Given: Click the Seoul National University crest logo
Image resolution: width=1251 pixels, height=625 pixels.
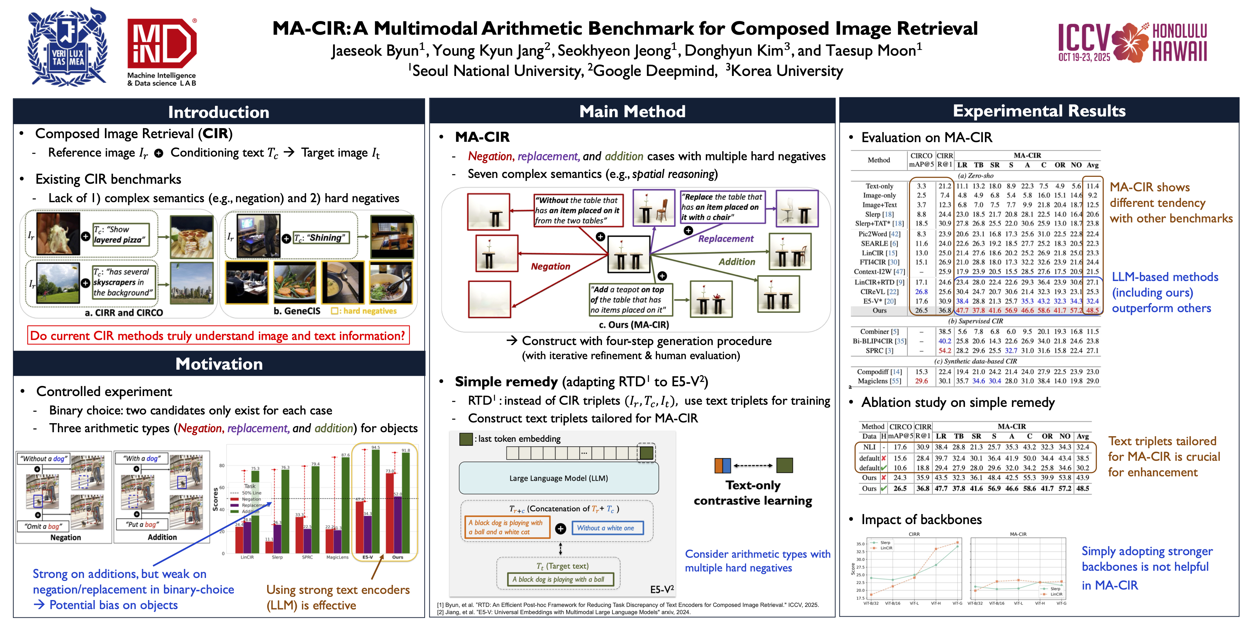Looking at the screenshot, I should (67, 47).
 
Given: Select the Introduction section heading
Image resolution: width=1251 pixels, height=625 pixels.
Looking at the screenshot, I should (219, 112).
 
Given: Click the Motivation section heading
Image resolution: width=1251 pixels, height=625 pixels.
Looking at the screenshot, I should (219, 364).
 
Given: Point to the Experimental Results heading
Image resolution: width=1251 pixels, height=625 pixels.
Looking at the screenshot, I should (1039, 111).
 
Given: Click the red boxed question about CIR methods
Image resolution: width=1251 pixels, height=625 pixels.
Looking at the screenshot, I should (218, 336).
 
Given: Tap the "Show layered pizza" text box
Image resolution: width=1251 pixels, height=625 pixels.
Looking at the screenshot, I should (120, 234).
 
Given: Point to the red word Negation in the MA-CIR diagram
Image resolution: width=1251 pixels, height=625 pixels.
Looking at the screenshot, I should (550, 267).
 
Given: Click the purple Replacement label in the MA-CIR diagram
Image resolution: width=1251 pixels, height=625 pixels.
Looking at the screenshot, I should (725, 239).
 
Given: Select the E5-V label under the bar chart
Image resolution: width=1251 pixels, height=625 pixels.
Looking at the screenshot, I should (368, 557).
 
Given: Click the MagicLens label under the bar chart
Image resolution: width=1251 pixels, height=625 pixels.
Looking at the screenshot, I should (337, 557).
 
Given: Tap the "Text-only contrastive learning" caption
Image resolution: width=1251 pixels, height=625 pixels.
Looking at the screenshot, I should (753, 493).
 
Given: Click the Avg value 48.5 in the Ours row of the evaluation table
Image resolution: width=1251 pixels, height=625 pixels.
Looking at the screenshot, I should (1092, 311).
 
